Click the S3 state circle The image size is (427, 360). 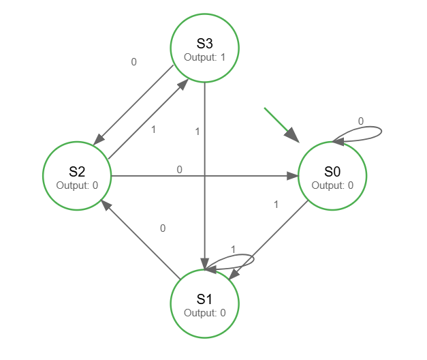(204, 48)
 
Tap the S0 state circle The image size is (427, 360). (332, 176)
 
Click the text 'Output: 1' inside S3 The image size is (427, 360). (204, 57)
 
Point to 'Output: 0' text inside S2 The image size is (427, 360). (77, 185)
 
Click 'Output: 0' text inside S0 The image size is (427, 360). (332, 185)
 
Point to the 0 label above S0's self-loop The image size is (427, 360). (361, 121)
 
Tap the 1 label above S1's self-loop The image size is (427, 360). (233, 250)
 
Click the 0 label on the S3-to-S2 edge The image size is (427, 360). (133, 61)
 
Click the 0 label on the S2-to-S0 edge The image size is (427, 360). (179, 169)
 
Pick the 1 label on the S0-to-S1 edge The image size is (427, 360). (276, 204)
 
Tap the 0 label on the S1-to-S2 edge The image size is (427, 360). (162, 228)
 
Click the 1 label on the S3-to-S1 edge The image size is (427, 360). (197, 132)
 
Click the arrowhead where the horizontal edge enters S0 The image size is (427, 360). (293, 176)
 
